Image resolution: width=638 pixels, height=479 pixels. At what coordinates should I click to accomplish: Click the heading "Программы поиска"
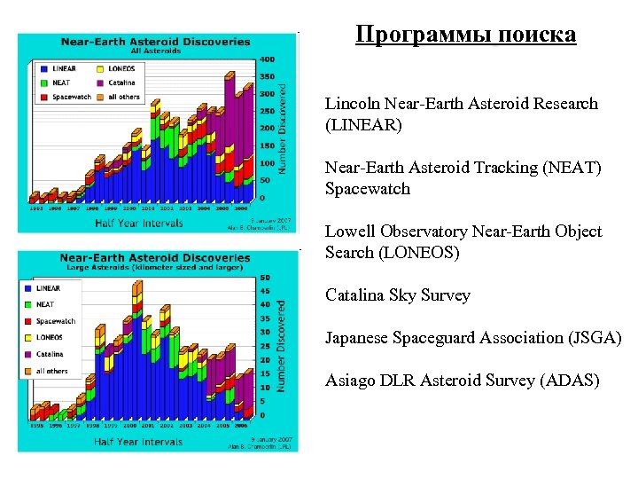click(465, 35)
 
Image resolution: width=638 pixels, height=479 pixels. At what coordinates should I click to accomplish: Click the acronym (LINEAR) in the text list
click(363, 125)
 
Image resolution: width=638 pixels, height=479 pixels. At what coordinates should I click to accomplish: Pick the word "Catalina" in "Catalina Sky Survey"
click(354, 295)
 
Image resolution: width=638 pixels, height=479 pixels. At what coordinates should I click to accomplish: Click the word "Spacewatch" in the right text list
click(368, 189)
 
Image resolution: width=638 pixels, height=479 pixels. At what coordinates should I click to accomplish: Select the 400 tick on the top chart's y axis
click(265, 59)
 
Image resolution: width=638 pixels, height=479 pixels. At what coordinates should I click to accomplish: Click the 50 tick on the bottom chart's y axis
click(265, 278)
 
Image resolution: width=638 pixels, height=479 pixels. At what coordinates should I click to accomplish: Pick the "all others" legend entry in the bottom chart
click(52, 371)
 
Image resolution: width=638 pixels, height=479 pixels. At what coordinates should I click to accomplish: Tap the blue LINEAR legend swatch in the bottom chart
click(27, 288)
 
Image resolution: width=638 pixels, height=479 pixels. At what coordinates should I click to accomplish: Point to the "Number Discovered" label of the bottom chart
click(283, 346)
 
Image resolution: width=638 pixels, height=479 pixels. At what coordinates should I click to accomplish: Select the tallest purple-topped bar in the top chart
click(230, 124)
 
